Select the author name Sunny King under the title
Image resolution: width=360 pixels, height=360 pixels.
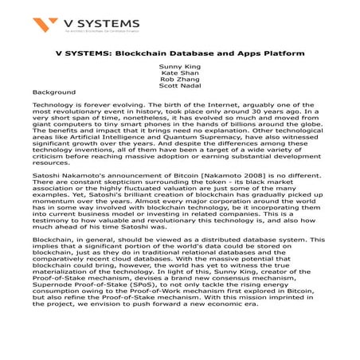pos(179,68)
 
